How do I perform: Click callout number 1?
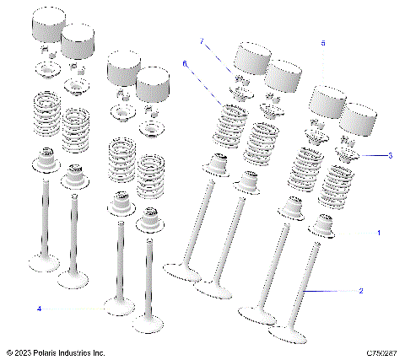tap(379, 232)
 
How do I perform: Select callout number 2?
tap(361, 291)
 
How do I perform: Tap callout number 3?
tap(389, 155)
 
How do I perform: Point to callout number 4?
tap(39, 309)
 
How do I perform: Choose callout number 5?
tap(321, 42)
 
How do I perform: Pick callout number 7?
tap(202, 41)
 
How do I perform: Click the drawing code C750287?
tap(381, 352)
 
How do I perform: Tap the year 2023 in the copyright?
tap(25, 352)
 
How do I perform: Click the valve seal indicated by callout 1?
tap(324, 225)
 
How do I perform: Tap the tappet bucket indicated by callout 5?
tap(325, 104)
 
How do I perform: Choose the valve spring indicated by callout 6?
tap(230, 122)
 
